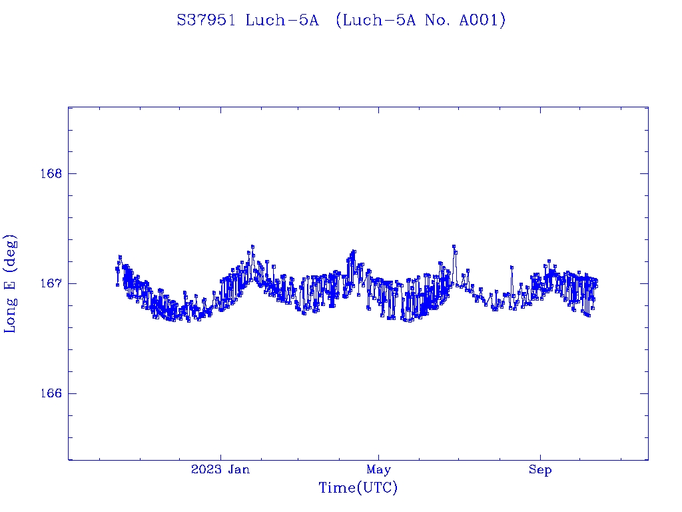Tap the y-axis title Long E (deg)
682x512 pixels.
(x=11, y=283)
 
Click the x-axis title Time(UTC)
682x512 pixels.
(x=358, y=488)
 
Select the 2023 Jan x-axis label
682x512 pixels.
(x=220, y=470)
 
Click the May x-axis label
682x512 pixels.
(x=378, y=470)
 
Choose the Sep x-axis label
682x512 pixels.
(x=540, y=470)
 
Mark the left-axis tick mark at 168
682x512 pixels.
(x=72, y=173)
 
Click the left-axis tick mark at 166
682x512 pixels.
(x=72, y=393)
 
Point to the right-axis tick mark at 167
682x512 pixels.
(x=644, y=283)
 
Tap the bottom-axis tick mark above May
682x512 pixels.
(x=378, y=456)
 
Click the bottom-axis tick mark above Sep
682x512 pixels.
(x=540, y=456)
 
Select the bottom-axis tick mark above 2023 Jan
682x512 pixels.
(x=221, y=456)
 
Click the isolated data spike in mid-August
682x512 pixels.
(x=511, y=267)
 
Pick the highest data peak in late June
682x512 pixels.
(x=454, y=247)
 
